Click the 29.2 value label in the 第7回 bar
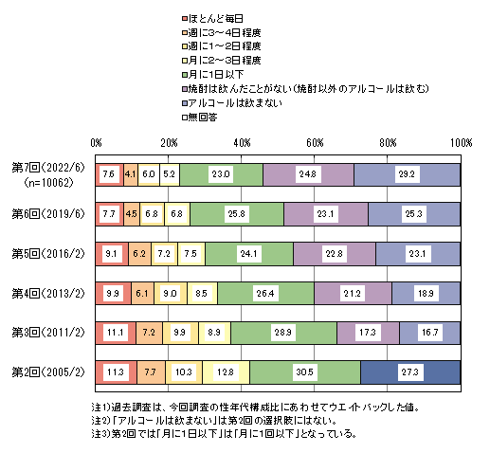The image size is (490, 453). tap(407, 174)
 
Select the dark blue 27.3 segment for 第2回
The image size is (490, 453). tap(410, 372)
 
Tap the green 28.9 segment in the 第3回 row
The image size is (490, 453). tap(283, 333)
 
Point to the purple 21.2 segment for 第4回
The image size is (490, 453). tap(353, 294)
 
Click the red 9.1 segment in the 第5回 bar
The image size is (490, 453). tap(112, 254)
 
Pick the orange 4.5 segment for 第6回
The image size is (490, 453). tap(132, 214)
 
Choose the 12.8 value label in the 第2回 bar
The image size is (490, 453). tap(226, 372)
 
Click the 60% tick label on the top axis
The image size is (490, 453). tap(315, 143)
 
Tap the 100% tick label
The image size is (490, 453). tap(462, 143)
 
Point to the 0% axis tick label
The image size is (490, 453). tap(96, 143)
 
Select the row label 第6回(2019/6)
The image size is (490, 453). tap(48, 214)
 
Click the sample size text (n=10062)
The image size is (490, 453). tap(48, 183)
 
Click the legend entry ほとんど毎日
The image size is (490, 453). tap(212, 19)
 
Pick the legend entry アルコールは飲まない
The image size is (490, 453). tap(232, 103)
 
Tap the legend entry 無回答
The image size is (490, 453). tap(200, 118)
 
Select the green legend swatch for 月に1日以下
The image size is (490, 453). tap(185, 75)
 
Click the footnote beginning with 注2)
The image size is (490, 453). tap(214, 421)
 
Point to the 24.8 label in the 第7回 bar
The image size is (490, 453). tap(308, 174)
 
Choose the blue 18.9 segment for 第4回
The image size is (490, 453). tap(426, 294)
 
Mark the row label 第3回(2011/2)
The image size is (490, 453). tap(48, 333)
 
